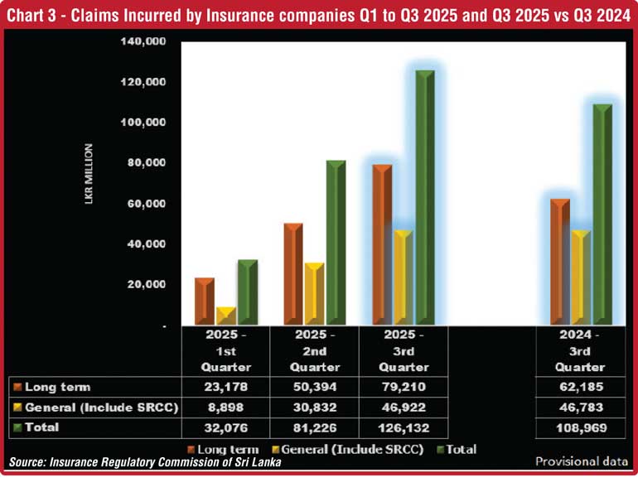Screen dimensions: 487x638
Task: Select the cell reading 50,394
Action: [x=314, y=387]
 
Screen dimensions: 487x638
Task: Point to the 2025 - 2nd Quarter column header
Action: [x=314, y=351]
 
